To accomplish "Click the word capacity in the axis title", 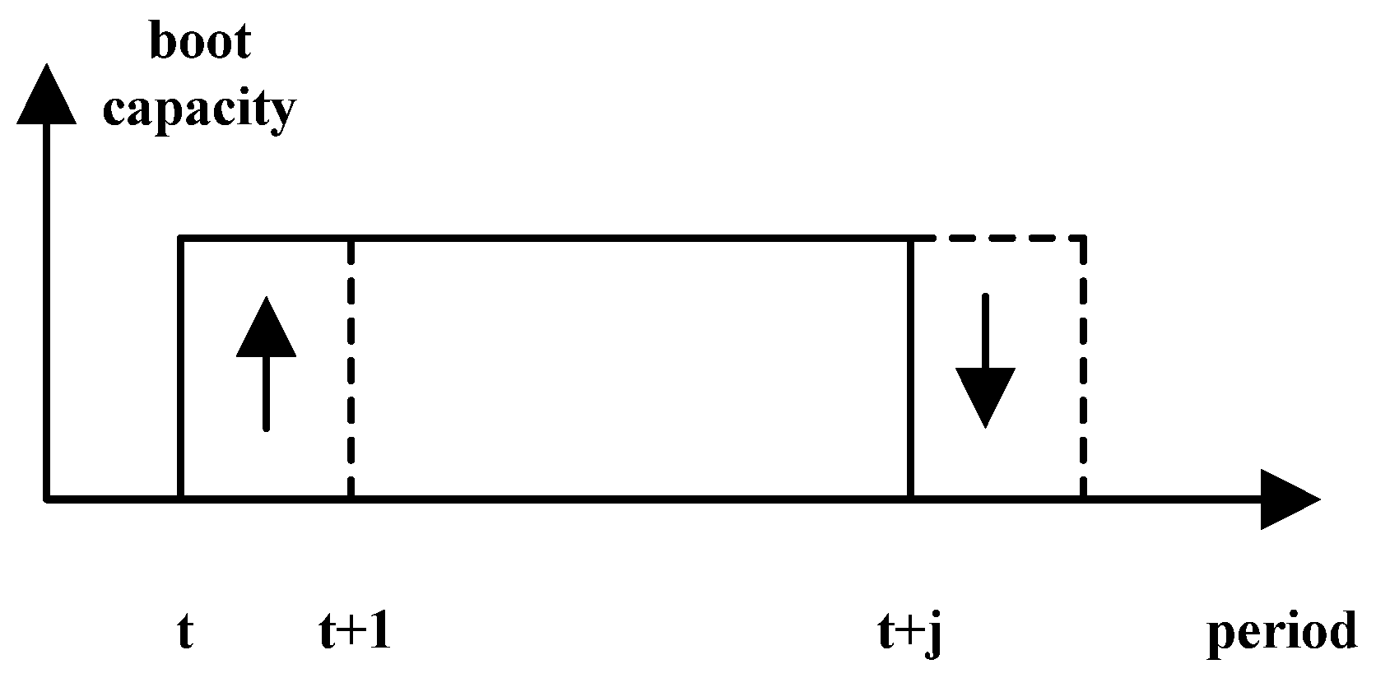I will click(x=198, y=109).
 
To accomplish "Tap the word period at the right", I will click(x=1281, y=634).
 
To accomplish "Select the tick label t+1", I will click(x=355, y=634).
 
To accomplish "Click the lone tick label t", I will click(x=185, y=634).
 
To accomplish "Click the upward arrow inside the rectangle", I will click(x=265, y=362).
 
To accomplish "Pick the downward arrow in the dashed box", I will click(x=984, y=362).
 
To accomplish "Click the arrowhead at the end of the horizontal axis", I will click(x=1288, y=499).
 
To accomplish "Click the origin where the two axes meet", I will click(x=47, y=498).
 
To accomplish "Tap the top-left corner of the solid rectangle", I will click(x=180, y=239).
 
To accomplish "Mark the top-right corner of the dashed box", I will click(x=1083, y=239).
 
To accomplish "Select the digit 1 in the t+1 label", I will click(x=379, y=633).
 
